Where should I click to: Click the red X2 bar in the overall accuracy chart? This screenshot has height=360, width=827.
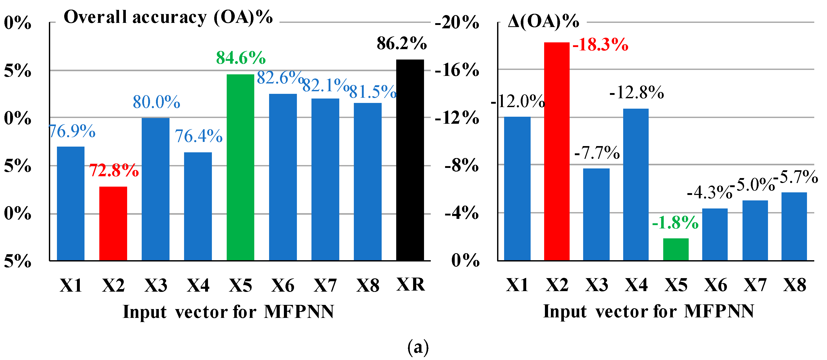point(113,223)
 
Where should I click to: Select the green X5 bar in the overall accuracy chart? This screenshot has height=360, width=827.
point(240,167)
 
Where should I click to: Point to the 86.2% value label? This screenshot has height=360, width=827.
point(402,43)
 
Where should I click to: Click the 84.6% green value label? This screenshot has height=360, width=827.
point(241,58)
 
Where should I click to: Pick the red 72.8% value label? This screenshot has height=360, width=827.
point(114,170)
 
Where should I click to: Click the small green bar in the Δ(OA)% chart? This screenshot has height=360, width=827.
point(676,249)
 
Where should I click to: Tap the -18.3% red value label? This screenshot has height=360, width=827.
point(600,45)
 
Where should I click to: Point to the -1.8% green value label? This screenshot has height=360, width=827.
point(675,223)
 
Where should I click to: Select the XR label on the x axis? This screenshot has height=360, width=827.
point(410,284)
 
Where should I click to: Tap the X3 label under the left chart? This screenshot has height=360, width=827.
point(156,285)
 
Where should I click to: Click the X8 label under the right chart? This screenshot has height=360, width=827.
point(795,285)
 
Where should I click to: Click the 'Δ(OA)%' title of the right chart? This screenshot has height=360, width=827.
point(544,22)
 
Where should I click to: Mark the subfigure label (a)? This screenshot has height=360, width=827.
point(418,347)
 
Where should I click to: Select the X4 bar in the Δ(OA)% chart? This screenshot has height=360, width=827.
point(636,185)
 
